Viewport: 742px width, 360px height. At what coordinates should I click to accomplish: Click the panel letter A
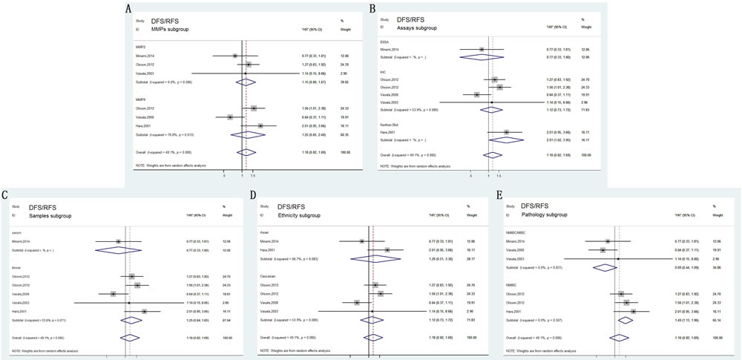(x=129, y=9)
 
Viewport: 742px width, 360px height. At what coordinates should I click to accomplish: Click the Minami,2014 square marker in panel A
(x=234, y=55)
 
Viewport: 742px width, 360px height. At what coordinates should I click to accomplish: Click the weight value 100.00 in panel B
(x=587, y=175)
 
